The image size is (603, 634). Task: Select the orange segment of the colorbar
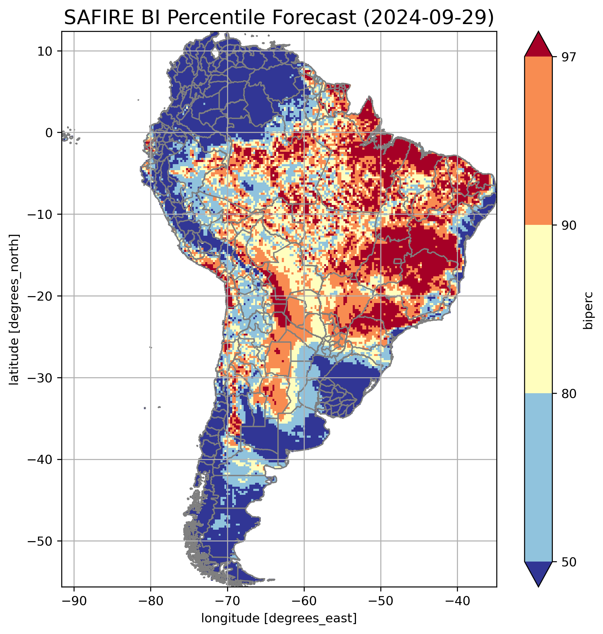click(538, 141)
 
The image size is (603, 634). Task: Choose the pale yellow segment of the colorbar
click(538, 309)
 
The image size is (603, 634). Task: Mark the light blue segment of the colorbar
click(538, 478)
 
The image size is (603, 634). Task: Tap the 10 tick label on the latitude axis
click(45, 51)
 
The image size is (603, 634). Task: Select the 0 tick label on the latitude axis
click(49, 133)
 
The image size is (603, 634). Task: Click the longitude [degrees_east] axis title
click(279, 618)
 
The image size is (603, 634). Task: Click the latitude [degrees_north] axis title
click(14, 309)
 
